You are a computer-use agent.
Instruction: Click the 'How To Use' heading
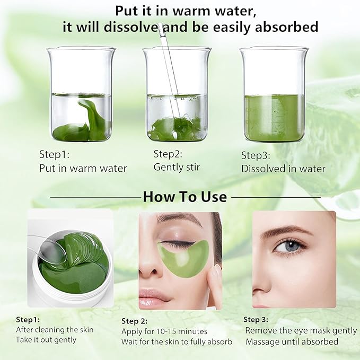click(x=185, y=197)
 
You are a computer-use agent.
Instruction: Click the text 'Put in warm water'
click(x=83, y=169)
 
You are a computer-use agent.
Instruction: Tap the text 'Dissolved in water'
click(x=283, y=169)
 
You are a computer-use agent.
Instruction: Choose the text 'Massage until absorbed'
click(x=292, y=341)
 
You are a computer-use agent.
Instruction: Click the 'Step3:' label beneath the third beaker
click(x=256, y=155)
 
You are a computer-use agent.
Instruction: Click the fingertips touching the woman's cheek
click(x=215, y=276)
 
